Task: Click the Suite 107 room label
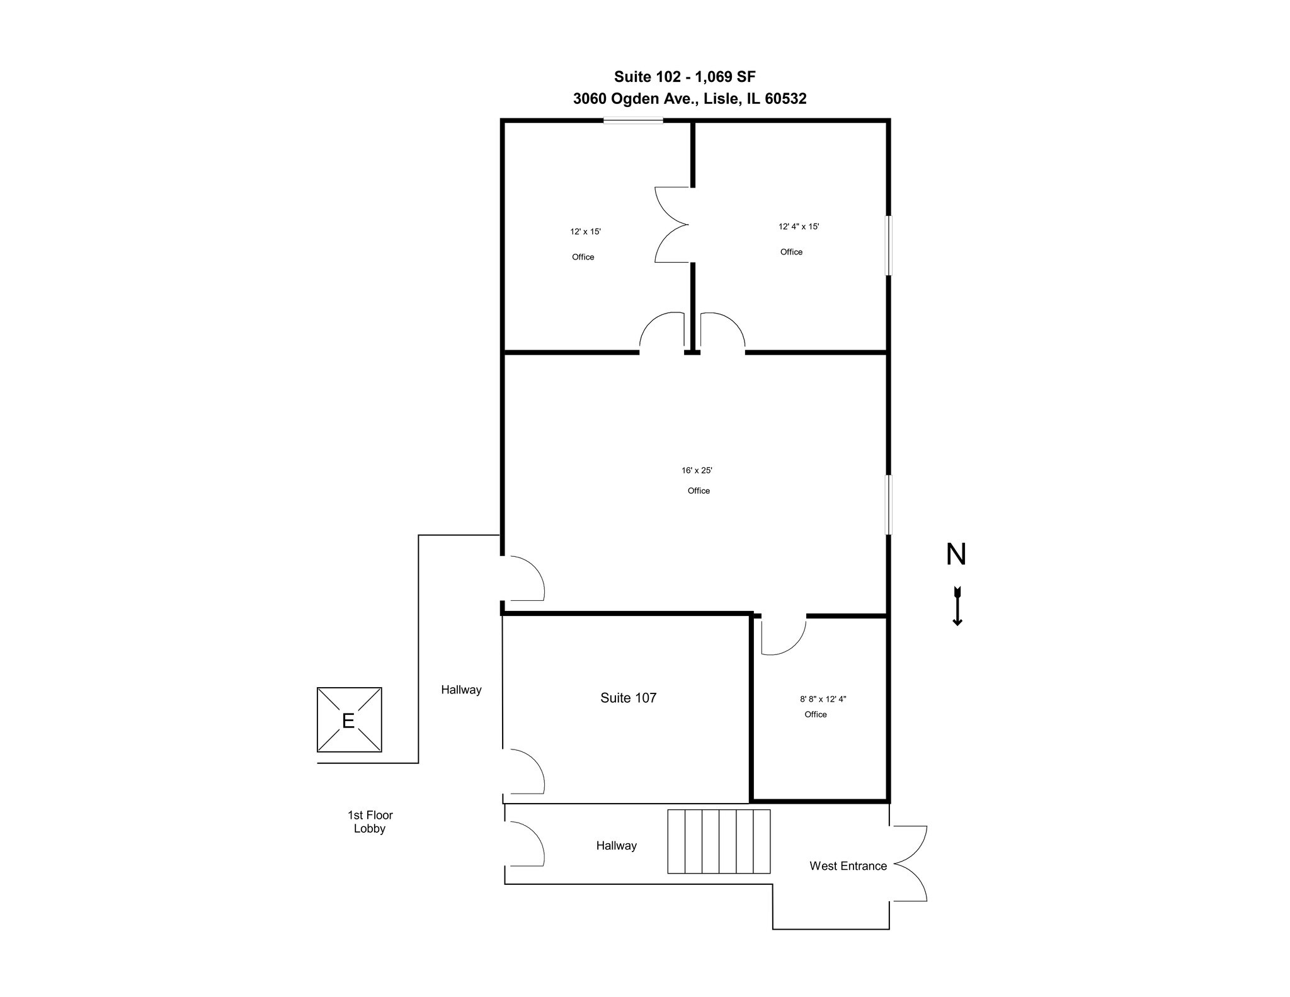[628, 698]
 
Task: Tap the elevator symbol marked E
[349, 720]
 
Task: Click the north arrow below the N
[957, 606]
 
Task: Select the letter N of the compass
[956, 554]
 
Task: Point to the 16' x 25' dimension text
[697, 470]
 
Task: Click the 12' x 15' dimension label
[585, 232]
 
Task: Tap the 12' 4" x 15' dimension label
[798, 227]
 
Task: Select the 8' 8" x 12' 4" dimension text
[823, 699]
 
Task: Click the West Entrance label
[848, 866]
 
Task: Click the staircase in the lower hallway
[719, 841]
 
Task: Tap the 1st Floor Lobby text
[370, 822]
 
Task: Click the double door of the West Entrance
[910, 863]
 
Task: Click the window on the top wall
[632, 121]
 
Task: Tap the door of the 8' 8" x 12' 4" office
[783, 636]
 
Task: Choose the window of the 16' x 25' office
[888, 505]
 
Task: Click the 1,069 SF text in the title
[725, 77]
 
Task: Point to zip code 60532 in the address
[785, 99]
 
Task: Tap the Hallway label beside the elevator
[461, 690]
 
